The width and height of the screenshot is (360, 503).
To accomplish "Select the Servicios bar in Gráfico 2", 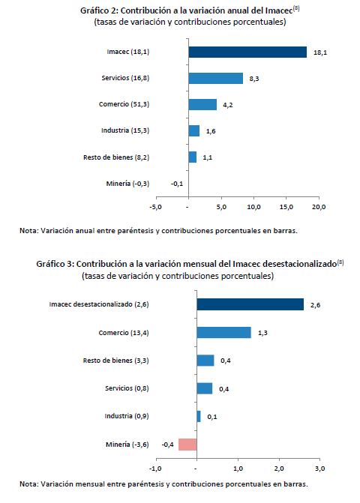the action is click(x=215, y=78).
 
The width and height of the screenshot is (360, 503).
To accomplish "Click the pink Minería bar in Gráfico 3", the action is click(x=187, y=445).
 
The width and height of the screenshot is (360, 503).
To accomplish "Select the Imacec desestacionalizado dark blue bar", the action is click(x=250, y=304).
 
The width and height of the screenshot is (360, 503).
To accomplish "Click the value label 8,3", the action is click(x=254, y=79).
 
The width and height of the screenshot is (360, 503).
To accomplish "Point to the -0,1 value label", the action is click(x=177, y=184).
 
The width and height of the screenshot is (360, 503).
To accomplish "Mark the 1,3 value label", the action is click(x=262, y=333).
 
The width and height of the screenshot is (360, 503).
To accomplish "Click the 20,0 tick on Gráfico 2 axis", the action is click(x=319, y=207).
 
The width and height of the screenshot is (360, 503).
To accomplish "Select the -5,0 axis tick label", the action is click(x=155, y=207).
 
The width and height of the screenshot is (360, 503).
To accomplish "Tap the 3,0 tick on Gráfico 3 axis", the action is click(x=320, y=469).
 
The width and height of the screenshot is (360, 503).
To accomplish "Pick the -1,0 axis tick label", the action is click(x=155, y=469).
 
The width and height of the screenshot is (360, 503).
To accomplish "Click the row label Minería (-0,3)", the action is click(x=127, y=184).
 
